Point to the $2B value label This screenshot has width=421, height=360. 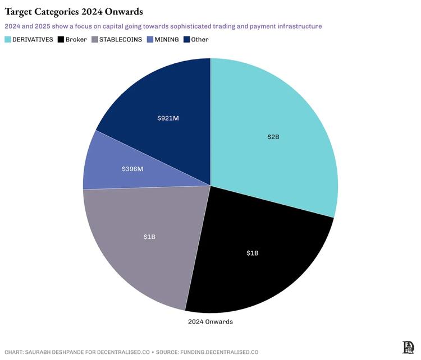273,137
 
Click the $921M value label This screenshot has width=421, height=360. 168,118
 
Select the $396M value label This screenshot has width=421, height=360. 132,168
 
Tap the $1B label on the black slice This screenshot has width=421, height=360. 253,253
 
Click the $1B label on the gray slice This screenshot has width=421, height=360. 149,237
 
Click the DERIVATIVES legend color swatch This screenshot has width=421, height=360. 8,40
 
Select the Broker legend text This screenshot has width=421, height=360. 76,40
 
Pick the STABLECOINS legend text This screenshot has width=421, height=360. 120,40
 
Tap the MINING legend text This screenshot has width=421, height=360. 167,40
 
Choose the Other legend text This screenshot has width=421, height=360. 200,40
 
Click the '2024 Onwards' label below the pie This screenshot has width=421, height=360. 210,322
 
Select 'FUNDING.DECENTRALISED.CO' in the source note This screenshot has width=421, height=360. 219,352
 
